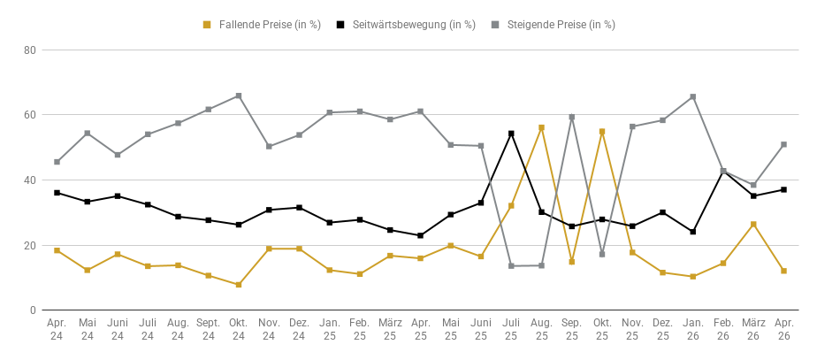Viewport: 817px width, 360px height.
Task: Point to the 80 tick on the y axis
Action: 29,50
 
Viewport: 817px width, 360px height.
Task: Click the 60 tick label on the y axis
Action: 29,115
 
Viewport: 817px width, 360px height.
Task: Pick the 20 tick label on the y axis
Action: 29,245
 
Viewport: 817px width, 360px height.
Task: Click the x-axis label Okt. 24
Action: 239,330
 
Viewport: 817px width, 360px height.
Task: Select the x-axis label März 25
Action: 390,330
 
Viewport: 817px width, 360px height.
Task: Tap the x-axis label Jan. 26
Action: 693,330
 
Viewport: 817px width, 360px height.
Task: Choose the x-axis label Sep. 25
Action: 572,330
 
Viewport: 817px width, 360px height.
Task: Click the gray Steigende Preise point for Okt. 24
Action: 239,96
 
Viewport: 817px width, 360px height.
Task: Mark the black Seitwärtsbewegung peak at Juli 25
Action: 511,134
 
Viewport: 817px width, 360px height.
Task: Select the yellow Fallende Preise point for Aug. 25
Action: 541,127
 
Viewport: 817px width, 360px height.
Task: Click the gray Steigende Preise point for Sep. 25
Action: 572,117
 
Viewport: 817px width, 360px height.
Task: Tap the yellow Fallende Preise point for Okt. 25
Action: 602,131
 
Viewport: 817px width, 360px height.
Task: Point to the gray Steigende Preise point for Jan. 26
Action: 693,96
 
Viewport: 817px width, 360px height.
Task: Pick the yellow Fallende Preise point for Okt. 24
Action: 239,285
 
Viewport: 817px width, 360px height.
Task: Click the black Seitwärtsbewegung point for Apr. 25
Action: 420,235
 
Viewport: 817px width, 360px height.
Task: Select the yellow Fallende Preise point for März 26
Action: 753,224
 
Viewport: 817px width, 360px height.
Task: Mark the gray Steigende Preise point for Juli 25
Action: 511,265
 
